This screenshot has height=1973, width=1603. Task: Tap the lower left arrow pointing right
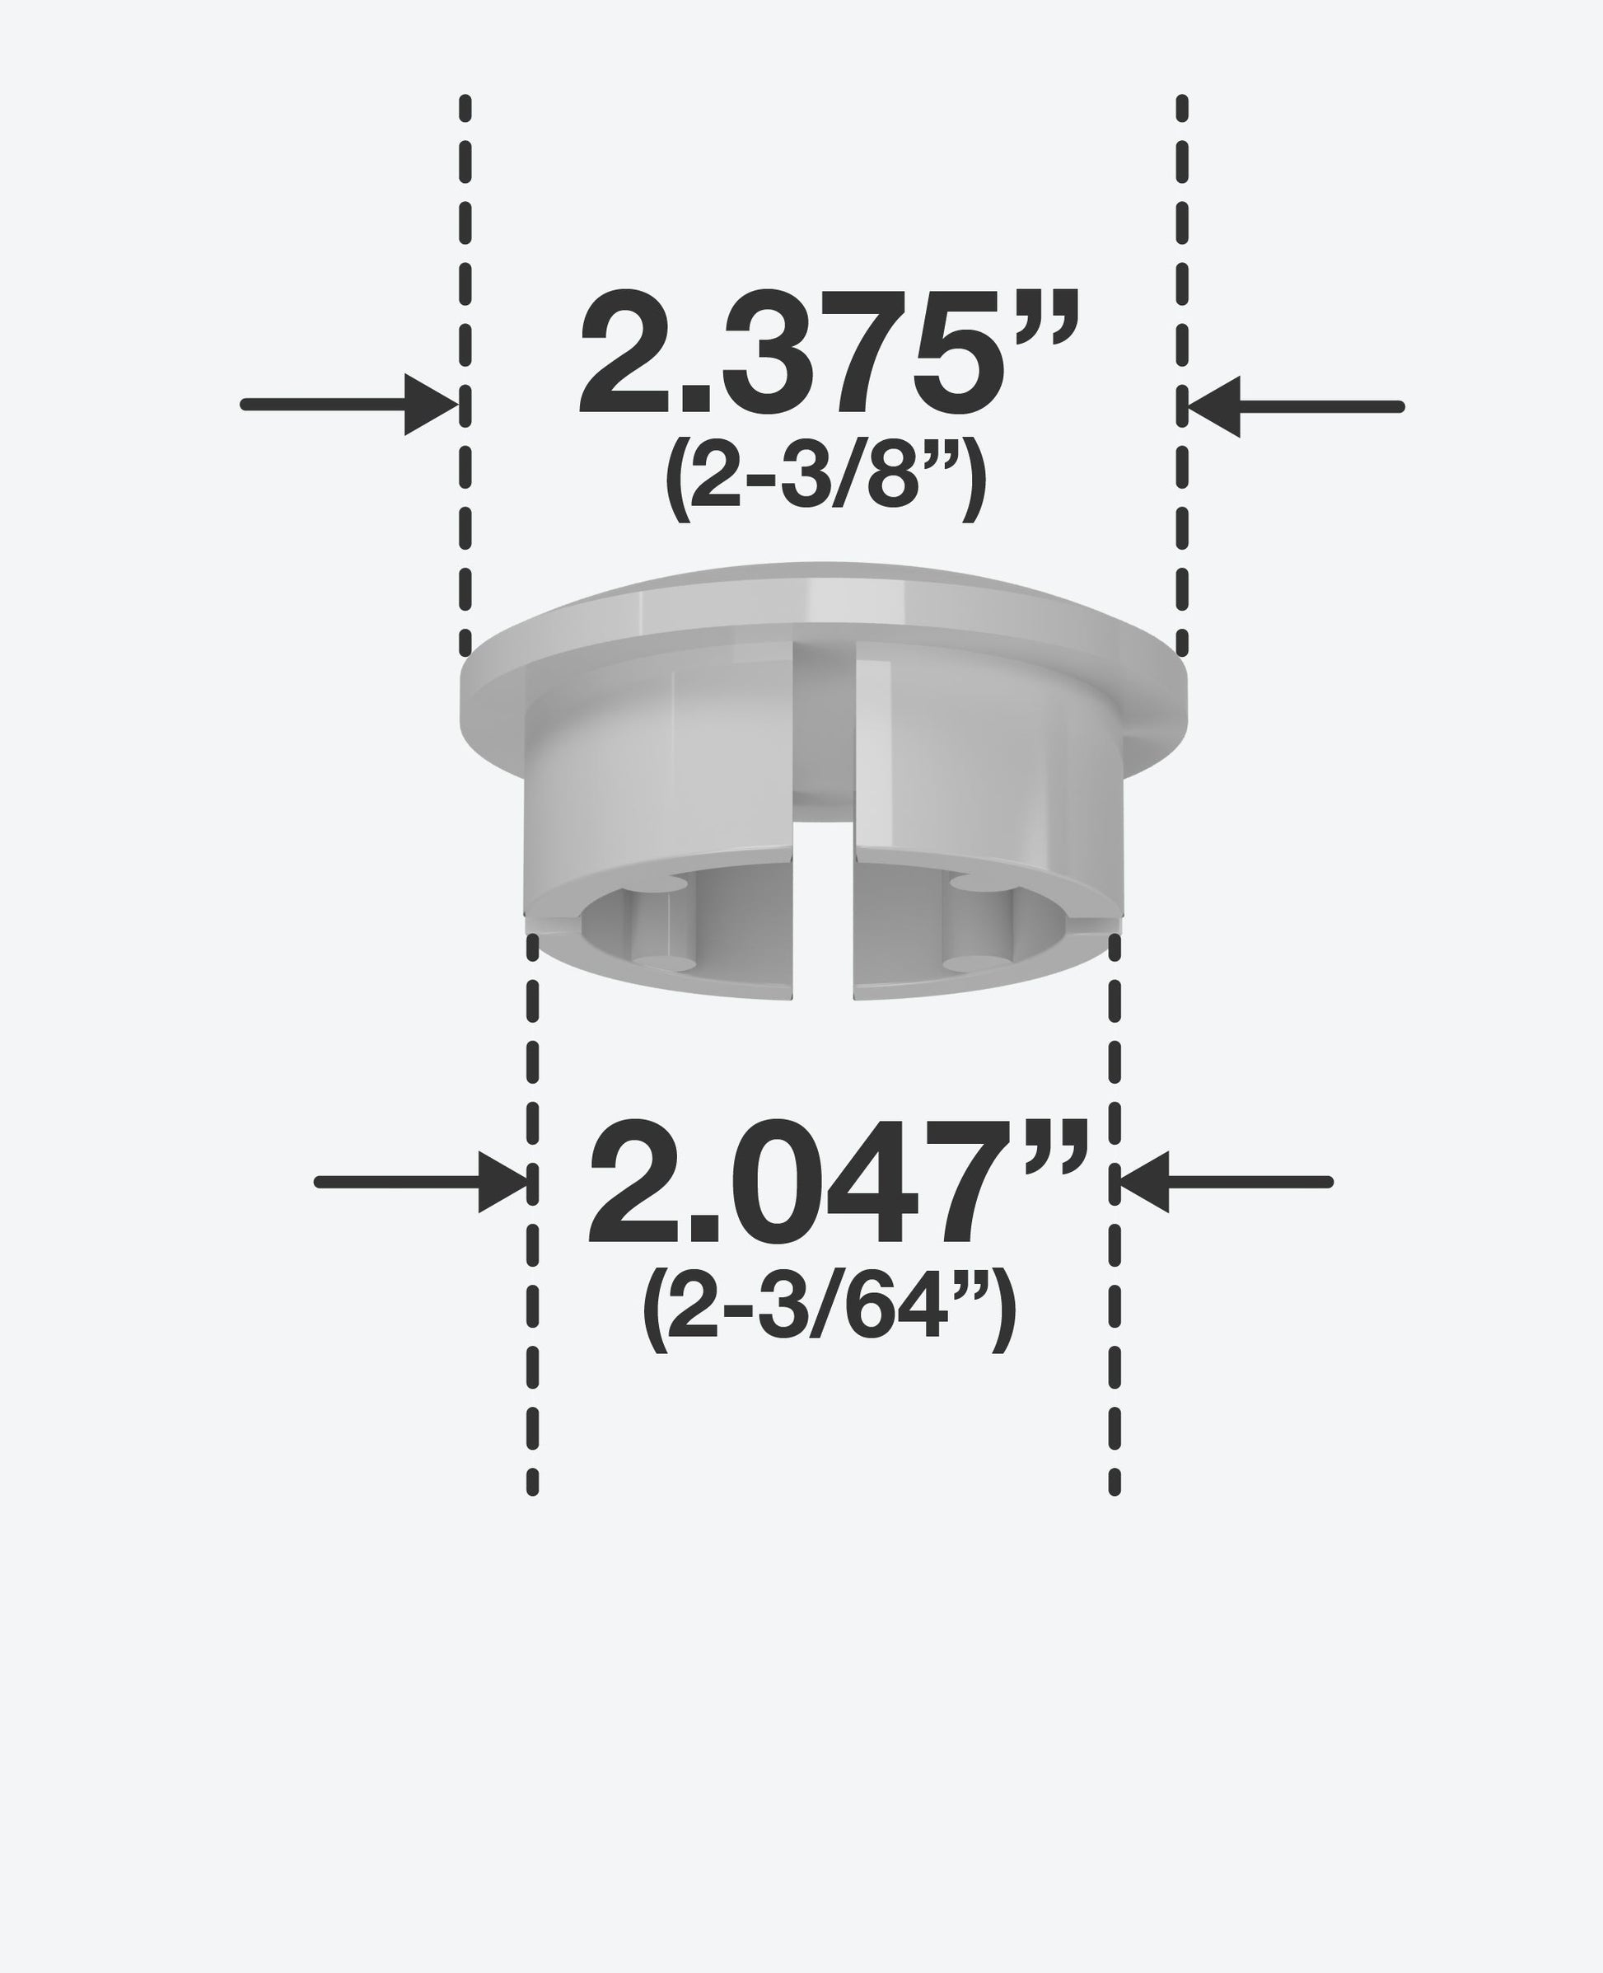[x=422, y=1183]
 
